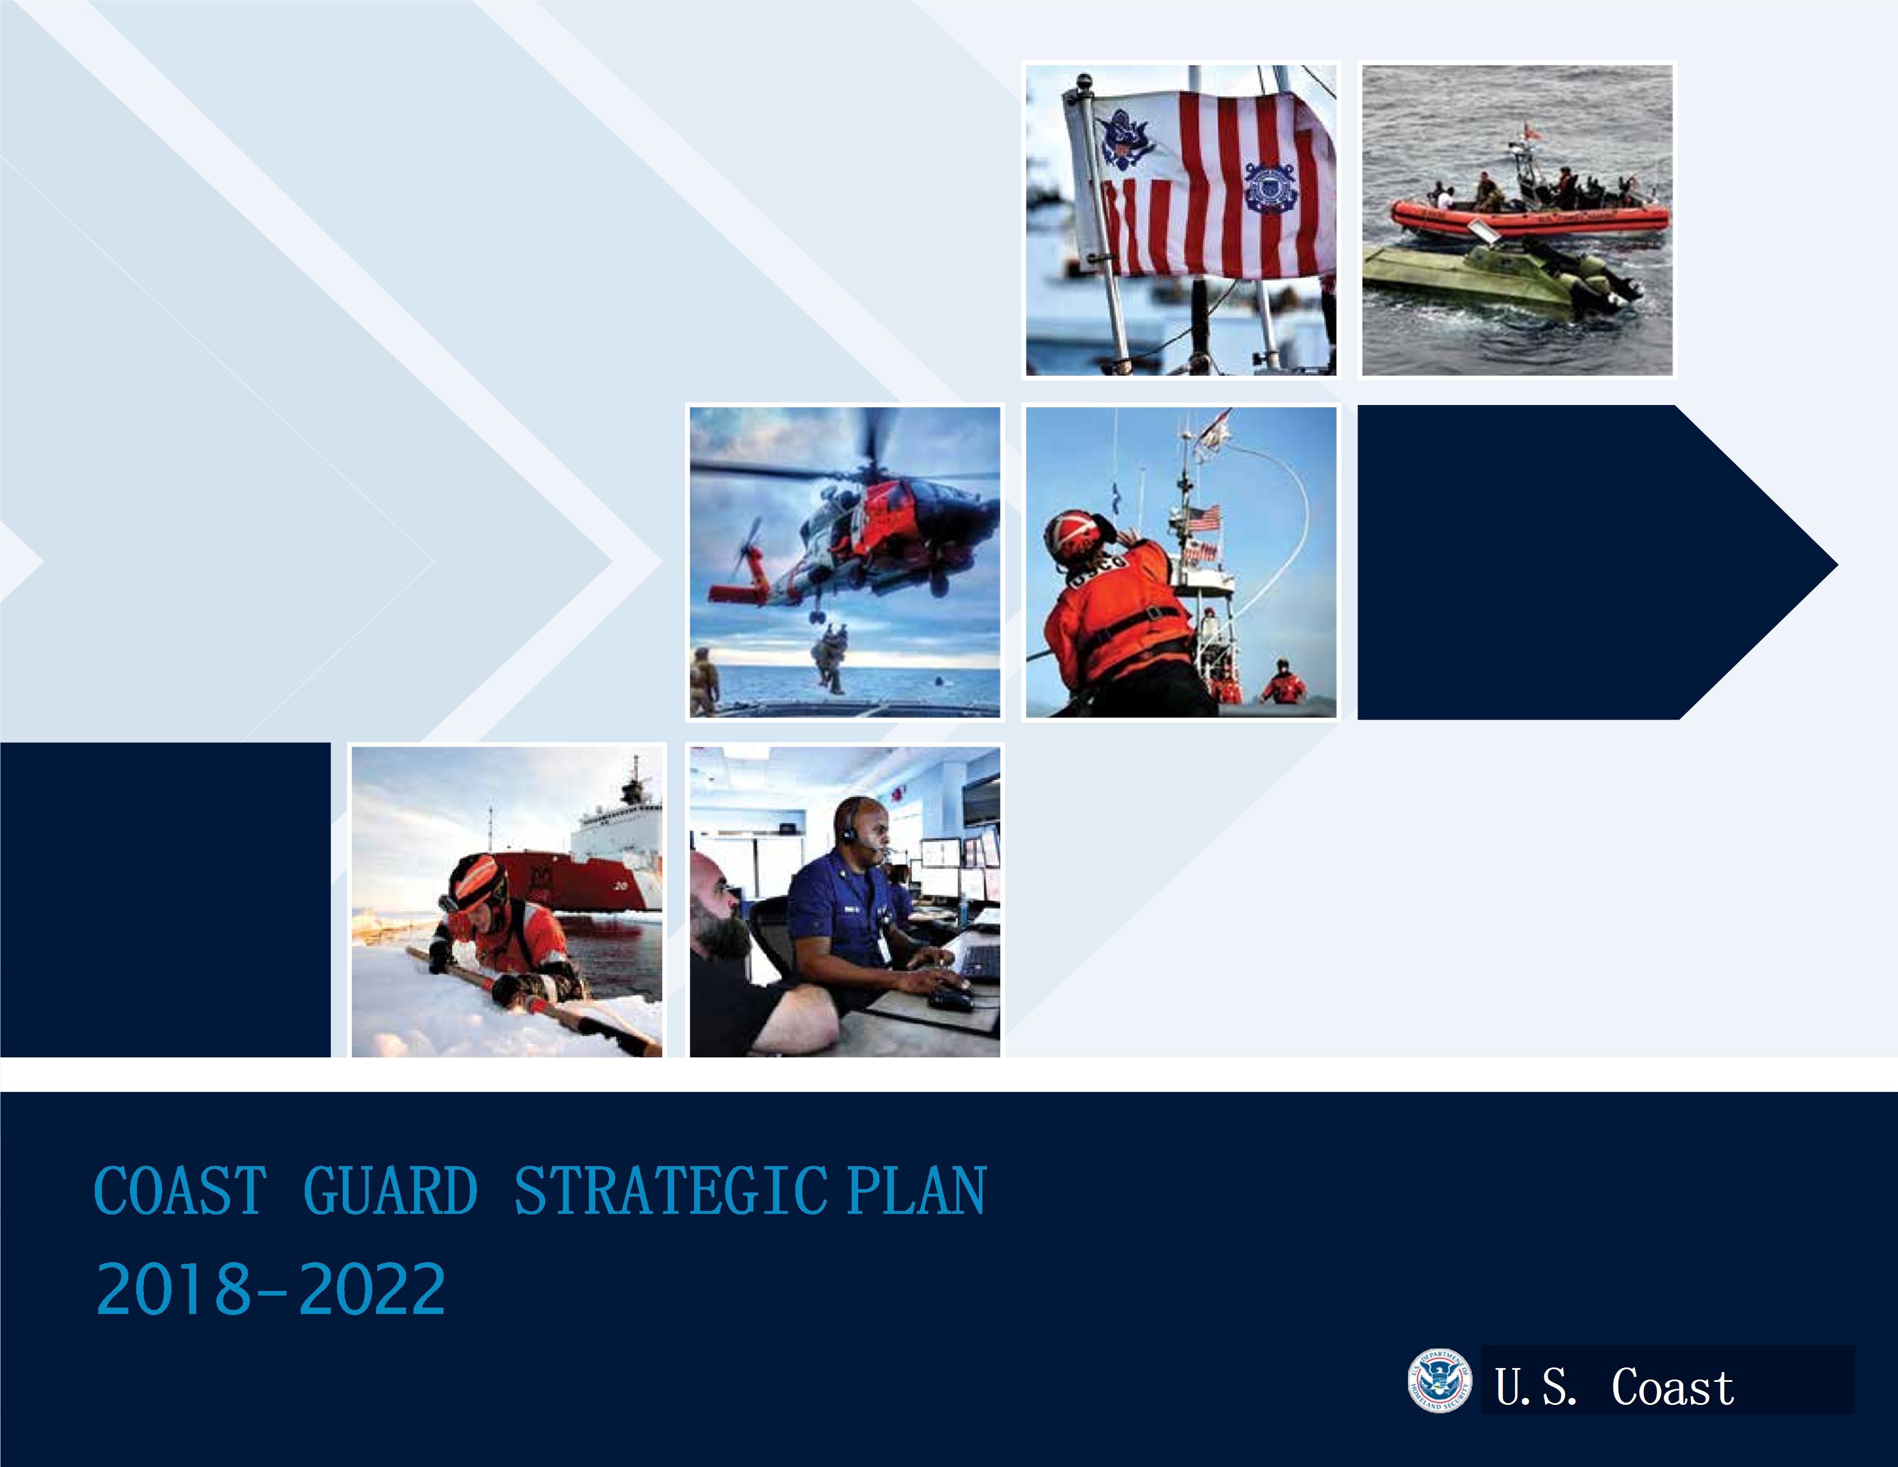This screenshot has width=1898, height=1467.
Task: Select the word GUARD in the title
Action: [x=390, y=1191]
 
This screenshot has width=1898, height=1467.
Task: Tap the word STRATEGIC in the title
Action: [x=670, y=1191]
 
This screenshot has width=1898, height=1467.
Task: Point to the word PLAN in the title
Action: [x=917, y=1191]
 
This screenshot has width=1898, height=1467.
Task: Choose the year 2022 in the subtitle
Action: [x=372, y=1288]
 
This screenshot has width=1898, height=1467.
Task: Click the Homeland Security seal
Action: [x=1439, y=1381]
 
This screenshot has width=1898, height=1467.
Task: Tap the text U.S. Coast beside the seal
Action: [x=1614, y=1386]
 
